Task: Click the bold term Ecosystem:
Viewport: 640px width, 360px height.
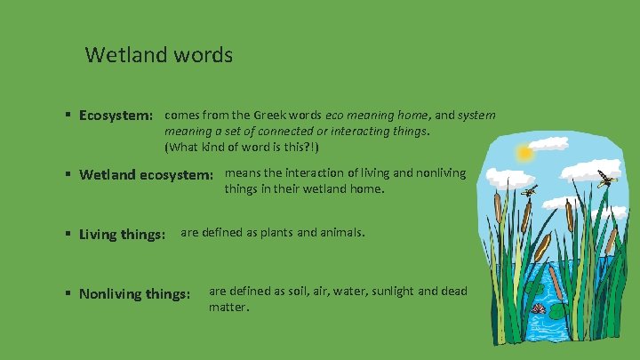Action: (116, 116)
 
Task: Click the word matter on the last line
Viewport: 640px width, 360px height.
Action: (228, 307)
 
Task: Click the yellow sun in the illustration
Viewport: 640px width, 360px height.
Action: (524, 154)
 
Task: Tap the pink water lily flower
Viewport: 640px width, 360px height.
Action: (539, 308)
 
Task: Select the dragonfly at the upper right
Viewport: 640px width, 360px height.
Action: (608, 180)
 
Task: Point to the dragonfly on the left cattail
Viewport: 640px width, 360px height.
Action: (529, 191)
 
